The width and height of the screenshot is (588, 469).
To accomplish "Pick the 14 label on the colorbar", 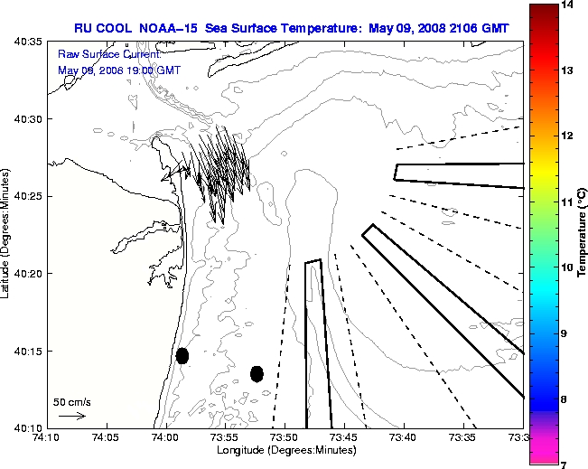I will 570,5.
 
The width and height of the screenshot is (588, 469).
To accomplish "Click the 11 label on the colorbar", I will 570,202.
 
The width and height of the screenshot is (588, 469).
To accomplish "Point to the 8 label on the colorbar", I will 570,399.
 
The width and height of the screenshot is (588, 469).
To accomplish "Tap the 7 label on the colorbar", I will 570,464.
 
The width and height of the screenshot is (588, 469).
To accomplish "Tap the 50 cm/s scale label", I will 70,401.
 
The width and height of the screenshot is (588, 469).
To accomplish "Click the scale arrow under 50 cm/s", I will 71,416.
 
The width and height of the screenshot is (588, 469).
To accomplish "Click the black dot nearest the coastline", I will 182,355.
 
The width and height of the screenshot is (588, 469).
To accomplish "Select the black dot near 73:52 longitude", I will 257,373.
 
